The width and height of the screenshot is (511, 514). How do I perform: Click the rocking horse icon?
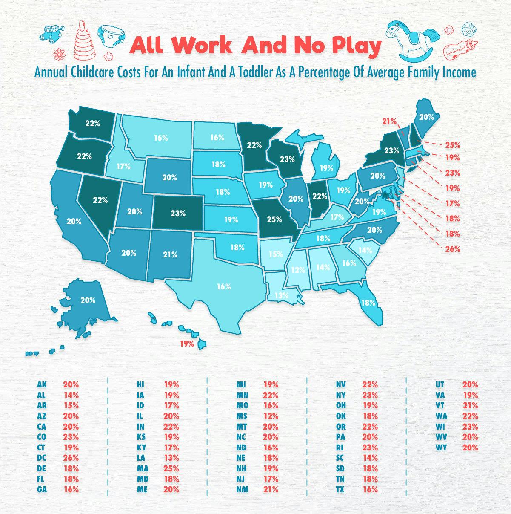pyautogui.click(x=411, y=40)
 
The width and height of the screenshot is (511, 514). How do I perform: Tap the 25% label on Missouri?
pyautogui.click(x=274, y=219)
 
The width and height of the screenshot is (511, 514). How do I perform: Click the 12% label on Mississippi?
pyautogui.click(x=298, y=270)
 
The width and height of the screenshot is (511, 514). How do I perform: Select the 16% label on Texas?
pyautogui.click(x=224, y=287)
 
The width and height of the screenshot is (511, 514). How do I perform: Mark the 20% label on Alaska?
pyautogui.click(x=88, y=300)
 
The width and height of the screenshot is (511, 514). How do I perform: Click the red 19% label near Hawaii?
pyautogui.click(x=187, y=343)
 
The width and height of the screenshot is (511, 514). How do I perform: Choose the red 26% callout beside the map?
pyautogui.click(x=453, y=249)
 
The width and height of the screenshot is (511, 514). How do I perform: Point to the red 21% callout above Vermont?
pyautogui.click(x=389, y=121)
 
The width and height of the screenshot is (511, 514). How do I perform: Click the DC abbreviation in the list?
pyautogui.click(x=42, y=458)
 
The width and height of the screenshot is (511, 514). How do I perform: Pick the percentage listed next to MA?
pyautogui.click(x=171, y=468)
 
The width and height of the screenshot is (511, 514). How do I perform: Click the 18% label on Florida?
pyautogui.click(x=368, y=303)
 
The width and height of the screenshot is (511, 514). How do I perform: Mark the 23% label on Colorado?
pyautogui.click(x=178, y=213)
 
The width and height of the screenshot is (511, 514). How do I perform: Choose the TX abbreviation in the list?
pyautogui.click(x=340, y=490)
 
